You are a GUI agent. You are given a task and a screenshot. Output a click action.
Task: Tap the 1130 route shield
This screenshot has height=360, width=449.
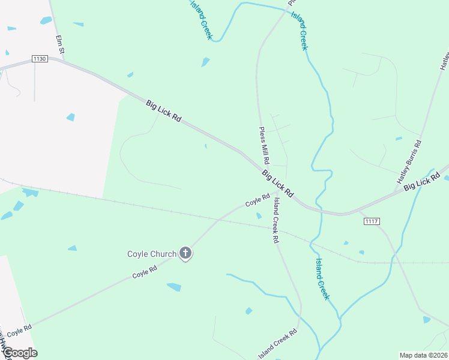pos(40,59)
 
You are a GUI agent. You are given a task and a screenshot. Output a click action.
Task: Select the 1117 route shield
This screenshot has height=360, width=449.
pos(372,221)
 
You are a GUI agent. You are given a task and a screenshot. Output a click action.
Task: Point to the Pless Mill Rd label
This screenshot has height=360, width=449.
pos(264,146)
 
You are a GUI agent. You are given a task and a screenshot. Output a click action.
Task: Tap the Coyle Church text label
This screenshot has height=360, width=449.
pos(152,254)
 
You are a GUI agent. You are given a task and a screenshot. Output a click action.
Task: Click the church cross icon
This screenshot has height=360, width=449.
pos(185,254)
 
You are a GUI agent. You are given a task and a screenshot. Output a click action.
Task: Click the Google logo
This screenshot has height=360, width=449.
pos(19,353)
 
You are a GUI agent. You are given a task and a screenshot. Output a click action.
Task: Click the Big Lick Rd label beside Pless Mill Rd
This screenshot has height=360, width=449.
pos(277,184)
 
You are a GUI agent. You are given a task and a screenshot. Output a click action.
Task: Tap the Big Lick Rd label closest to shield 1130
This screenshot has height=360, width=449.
pos(163,112)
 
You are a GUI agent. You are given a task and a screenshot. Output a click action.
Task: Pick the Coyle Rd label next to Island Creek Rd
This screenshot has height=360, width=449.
pos(258,200)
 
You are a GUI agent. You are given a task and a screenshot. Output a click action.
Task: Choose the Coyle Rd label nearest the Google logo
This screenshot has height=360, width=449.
pos(19,329)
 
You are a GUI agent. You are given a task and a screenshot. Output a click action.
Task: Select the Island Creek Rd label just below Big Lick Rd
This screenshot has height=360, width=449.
pos(276,219)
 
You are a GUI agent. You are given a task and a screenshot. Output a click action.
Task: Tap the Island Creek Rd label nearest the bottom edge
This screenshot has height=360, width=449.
pos(277,344)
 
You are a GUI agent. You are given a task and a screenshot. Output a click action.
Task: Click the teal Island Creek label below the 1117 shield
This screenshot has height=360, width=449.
pos(322,279)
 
